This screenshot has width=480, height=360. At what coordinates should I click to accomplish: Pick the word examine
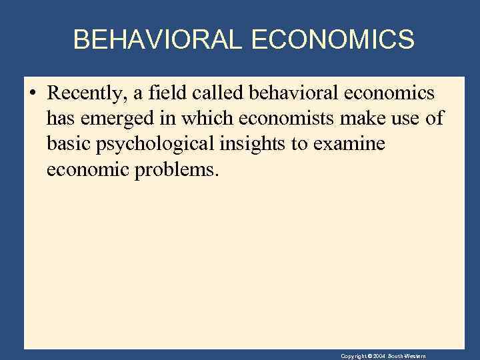(353, 144)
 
